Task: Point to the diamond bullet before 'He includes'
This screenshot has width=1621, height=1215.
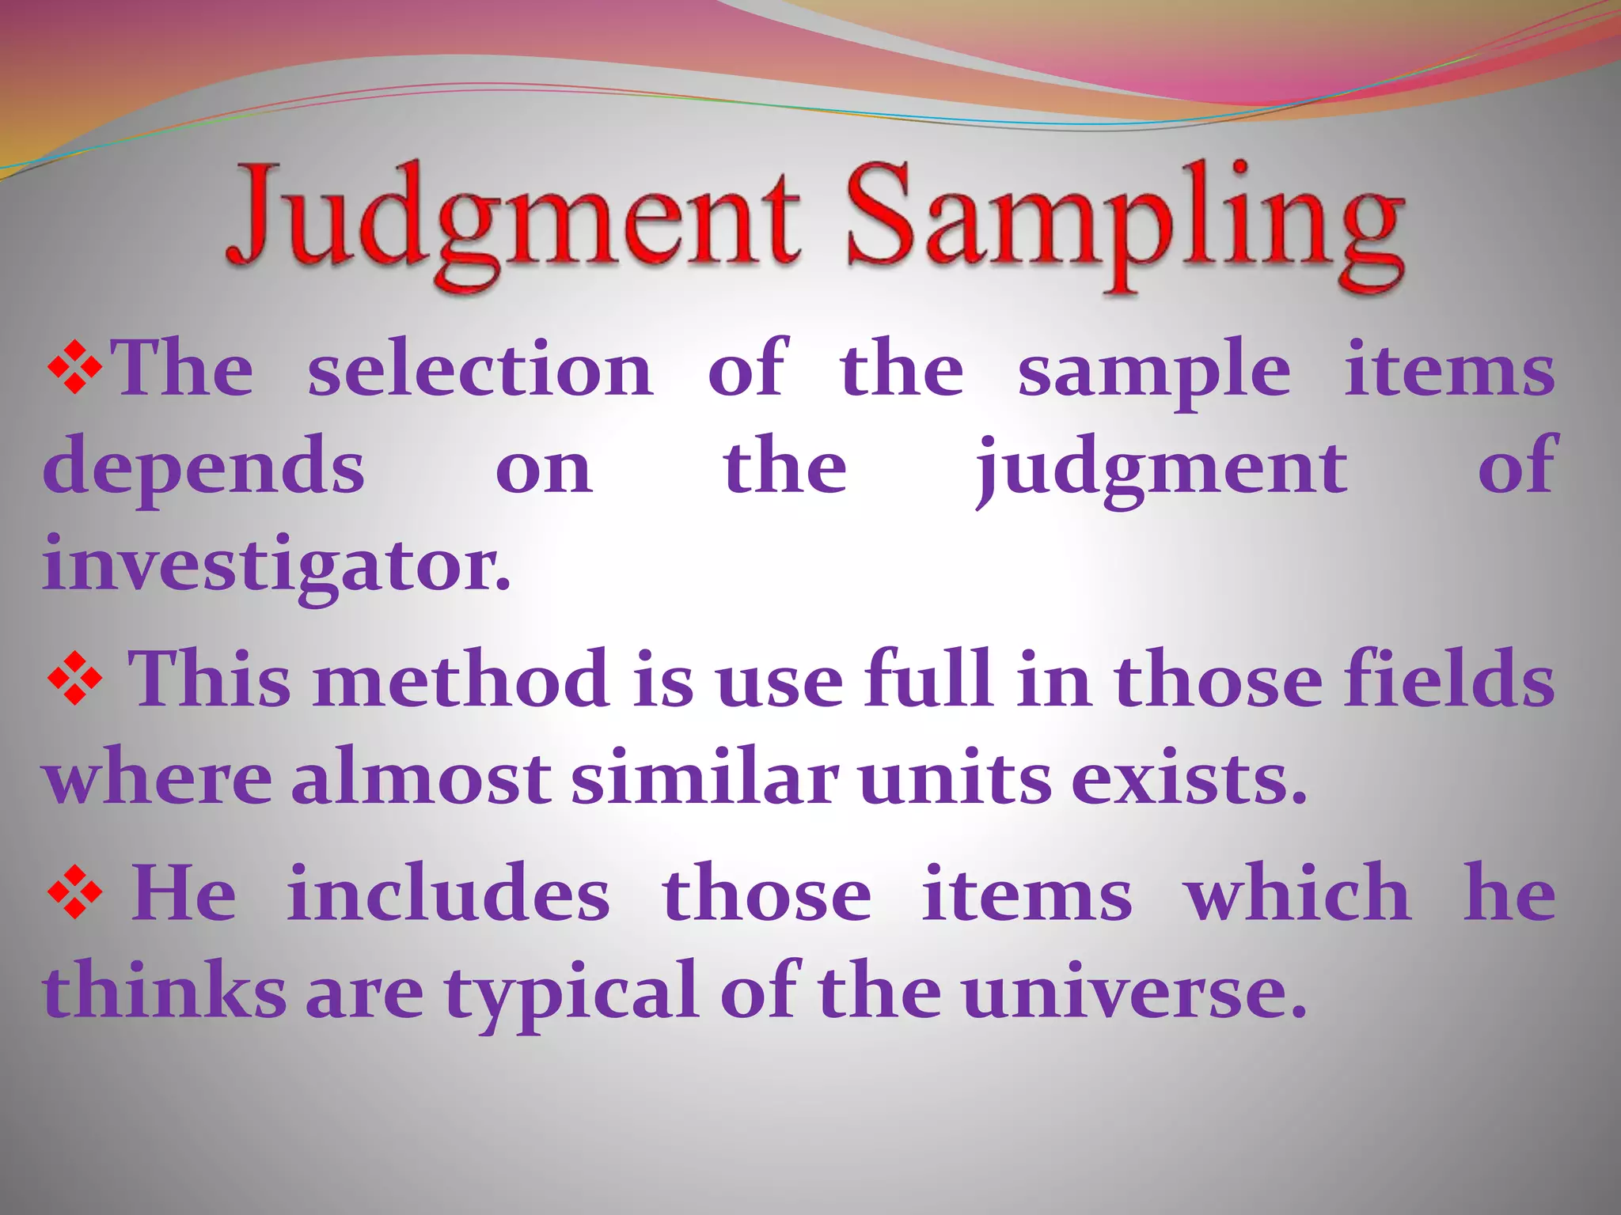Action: click(x=75, y=894)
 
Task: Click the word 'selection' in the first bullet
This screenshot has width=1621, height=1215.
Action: click(x=480, y=369)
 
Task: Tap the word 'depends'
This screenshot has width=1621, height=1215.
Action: click(x=203, y=469)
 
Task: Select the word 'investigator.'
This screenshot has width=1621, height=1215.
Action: click(x=277, y=568)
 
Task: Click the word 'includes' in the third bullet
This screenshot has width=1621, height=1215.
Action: click(x=448, y=894)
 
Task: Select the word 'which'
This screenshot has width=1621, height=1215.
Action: click(x=1298, y=894)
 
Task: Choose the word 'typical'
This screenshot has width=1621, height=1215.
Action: click(x=571, y=993)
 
